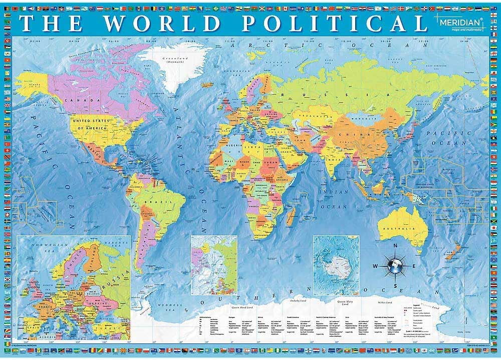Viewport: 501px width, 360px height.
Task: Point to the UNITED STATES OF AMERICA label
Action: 91,125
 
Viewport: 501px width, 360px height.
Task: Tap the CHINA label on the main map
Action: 347,134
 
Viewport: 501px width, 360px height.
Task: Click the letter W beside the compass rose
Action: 374,265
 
